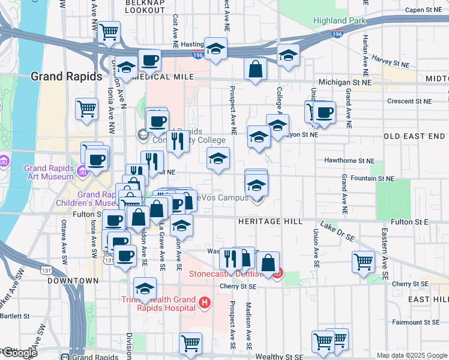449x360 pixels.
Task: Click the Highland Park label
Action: [x=339, y=20]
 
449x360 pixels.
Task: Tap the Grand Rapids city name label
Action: [x=57, y=76]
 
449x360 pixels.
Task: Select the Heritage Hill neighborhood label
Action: [x=271, y=221]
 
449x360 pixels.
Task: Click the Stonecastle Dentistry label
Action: [x=227, y=274]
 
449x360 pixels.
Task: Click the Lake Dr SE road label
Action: [x=337, y=231]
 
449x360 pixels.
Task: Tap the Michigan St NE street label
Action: [x=345, y=82]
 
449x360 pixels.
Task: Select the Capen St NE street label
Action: [x=423, y=10]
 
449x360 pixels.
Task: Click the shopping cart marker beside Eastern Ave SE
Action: [x=364, y=262]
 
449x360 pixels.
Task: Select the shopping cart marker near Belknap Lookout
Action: [x=109, y=32]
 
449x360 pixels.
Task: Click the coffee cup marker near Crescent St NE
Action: [x=325, y=112]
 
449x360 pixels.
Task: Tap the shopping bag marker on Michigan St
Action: [x=256, y=68]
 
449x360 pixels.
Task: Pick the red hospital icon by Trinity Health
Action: [x=205, y=301]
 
